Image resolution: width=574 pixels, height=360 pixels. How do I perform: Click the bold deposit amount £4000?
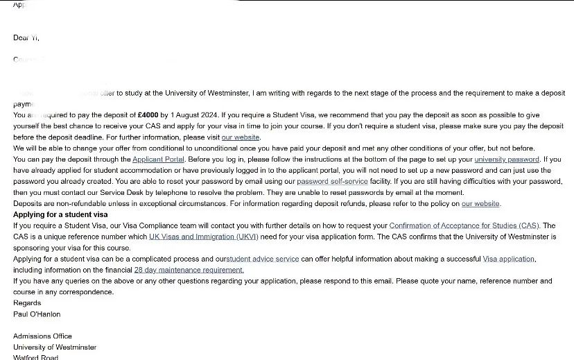149,115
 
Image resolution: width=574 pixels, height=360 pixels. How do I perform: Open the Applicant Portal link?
159,160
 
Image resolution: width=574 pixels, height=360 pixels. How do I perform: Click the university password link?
506,160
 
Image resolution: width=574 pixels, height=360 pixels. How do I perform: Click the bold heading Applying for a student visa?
60,215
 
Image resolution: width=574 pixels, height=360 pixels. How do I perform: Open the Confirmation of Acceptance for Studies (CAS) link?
464,226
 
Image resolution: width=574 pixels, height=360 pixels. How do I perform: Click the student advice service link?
263,259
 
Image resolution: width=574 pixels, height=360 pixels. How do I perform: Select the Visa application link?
508,259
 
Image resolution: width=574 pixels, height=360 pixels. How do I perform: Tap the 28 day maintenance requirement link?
189,271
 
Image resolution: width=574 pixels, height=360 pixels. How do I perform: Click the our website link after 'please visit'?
241,137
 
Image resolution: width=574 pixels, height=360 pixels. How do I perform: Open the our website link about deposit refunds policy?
480,204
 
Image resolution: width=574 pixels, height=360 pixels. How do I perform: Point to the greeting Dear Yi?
26,38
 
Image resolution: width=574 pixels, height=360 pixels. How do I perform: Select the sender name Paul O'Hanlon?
37,314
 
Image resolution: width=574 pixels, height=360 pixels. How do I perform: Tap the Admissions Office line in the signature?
42,336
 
